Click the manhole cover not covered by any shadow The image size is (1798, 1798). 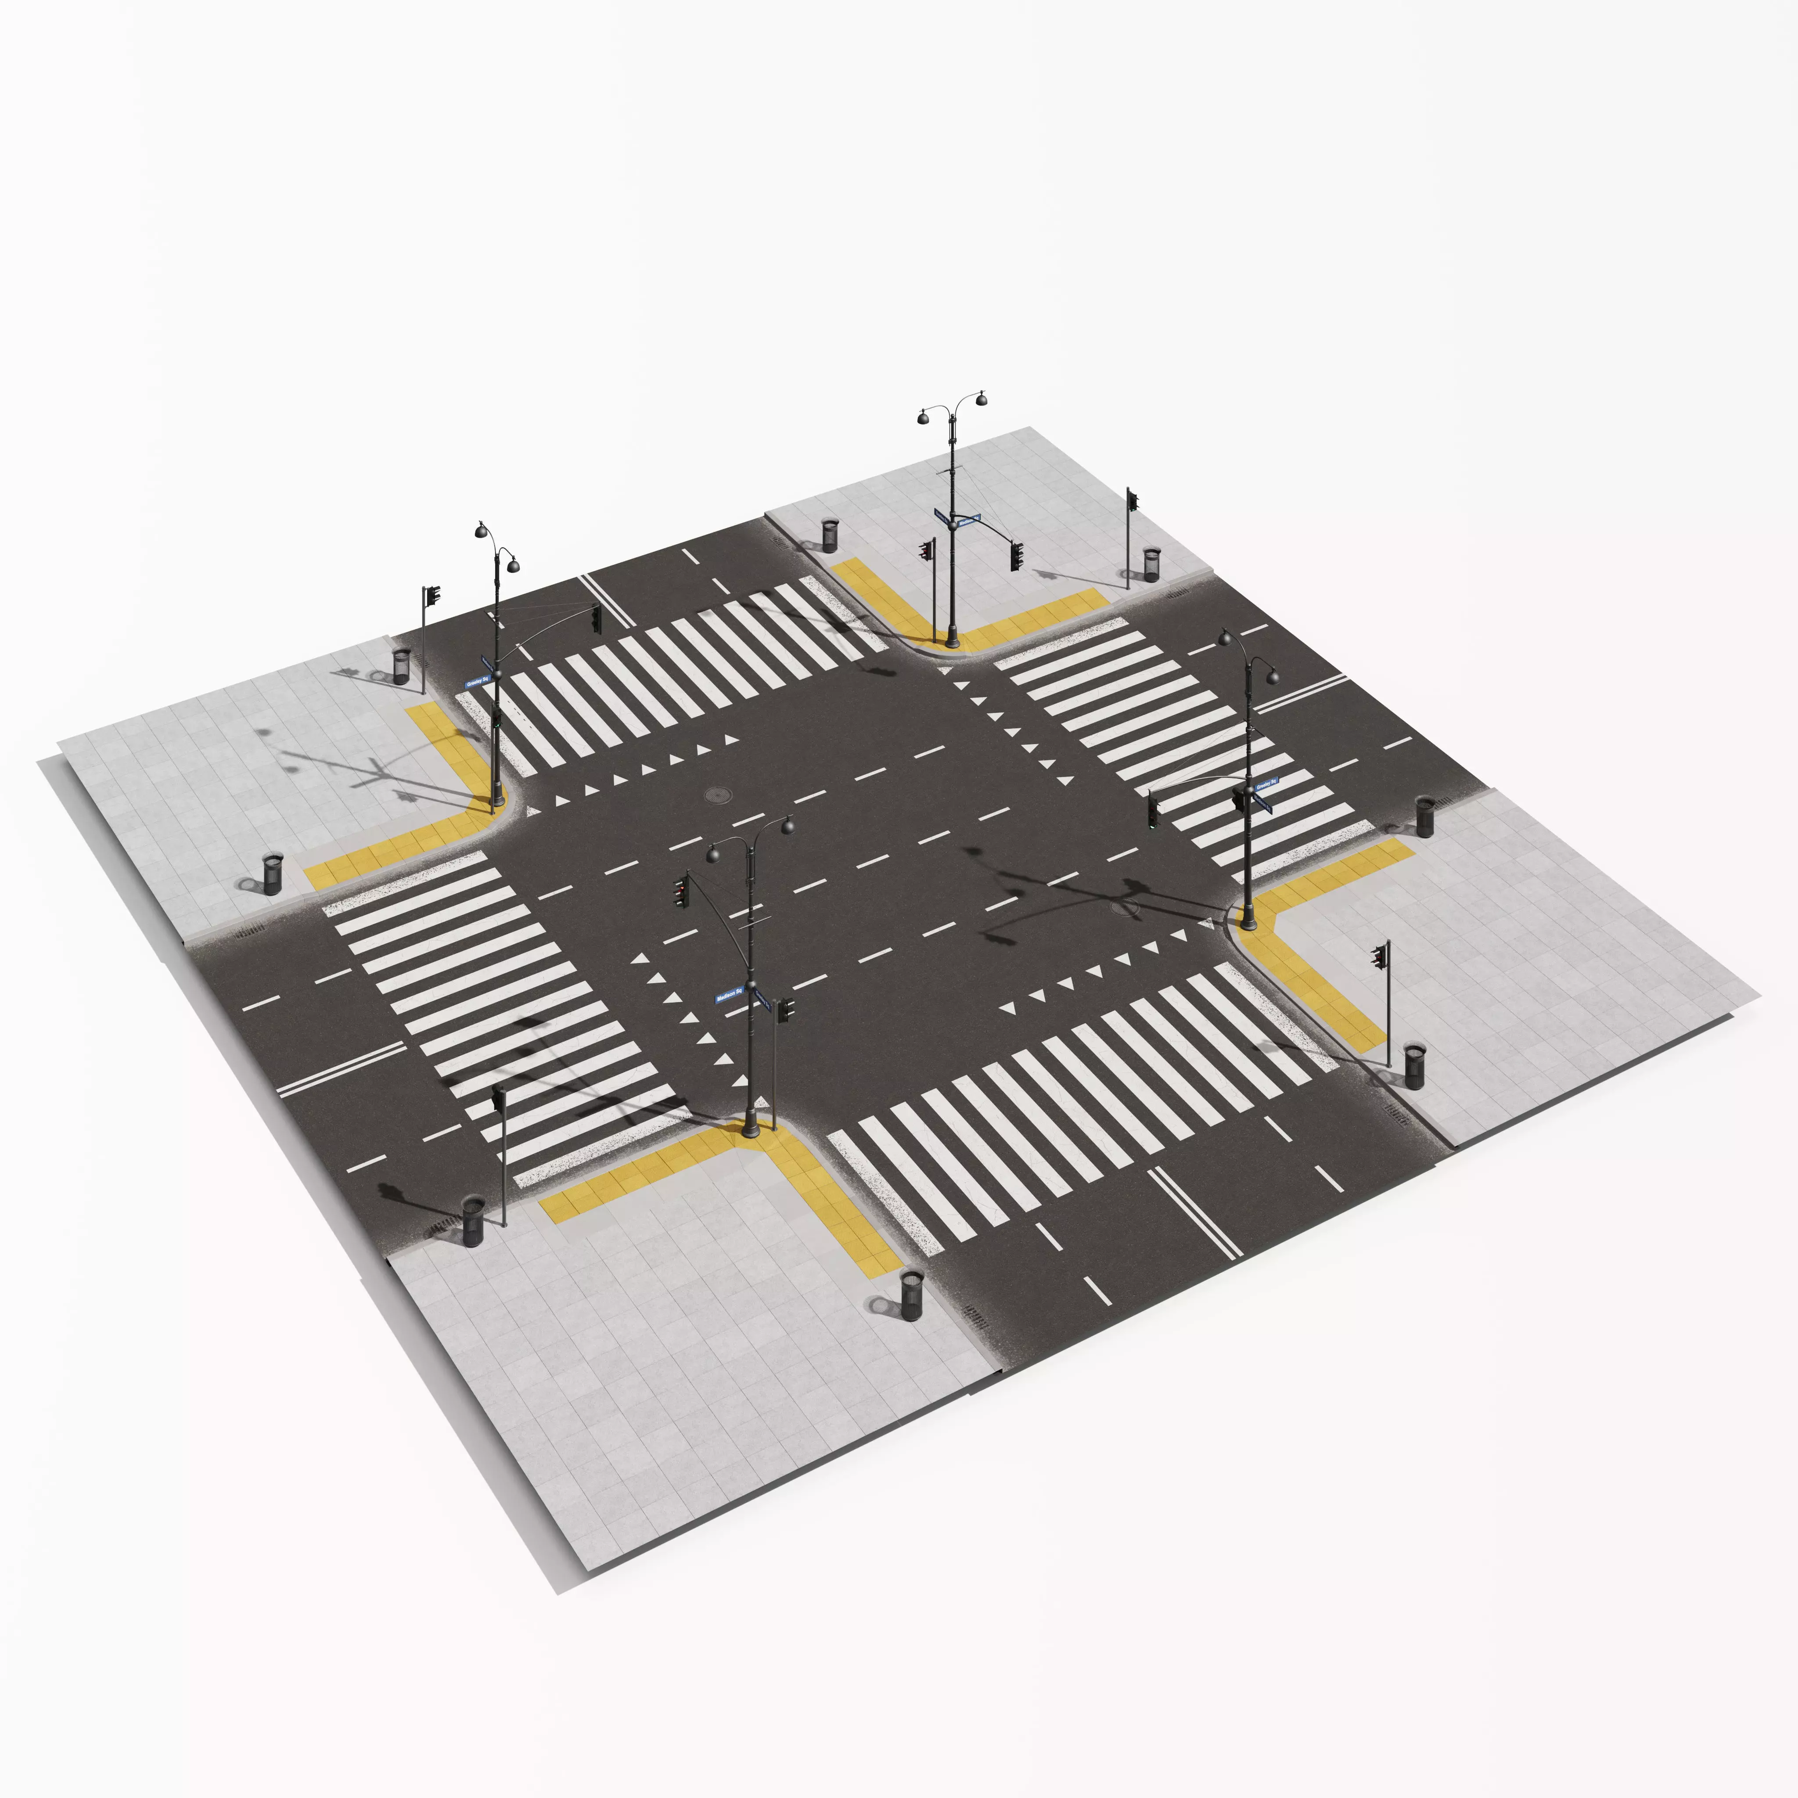click(x=718, y=794)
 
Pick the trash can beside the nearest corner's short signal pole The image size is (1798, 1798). click(x=473, y=1221)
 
